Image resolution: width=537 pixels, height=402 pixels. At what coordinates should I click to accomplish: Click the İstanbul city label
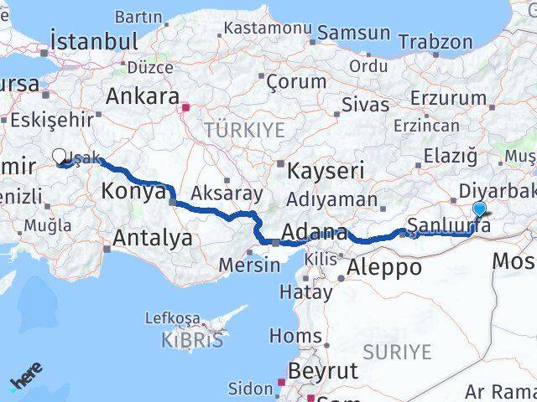click(x=94, y=40)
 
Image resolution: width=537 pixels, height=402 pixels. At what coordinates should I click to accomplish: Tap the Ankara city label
click(x=143, y=95)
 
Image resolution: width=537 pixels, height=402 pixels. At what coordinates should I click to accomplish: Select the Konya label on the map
click(x=133, y=191)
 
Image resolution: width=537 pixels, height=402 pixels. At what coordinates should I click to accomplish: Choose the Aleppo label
click(x=387, y=267)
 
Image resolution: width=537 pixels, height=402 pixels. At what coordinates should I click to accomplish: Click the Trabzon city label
click(x=435, y=41)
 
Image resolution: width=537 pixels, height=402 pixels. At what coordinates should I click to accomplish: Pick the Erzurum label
click(x=449, y=98)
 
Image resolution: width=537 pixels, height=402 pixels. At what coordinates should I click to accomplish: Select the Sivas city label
click(x=365, y=105)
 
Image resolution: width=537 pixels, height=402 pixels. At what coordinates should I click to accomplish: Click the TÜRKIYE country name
click(x=245, y=130)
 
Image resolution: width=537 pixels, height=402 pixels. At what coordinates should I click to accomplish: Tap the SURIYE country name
click(x=398, y=352)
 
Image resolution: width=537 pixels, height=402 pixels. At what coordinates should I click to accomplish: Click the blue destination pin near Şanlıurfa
click(x=479, y=209)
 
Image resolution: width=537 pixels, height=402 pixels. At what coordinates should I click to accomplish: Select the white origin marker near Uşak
click(x=61, y=156)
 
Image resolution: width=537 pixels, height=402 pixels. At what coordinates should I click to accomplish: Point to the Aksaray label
click(x=227, y=193)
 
